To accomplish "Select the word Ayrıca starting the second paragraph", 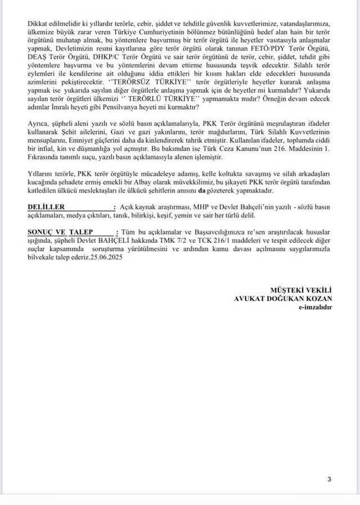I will pyautogui.click(x=38, y=124).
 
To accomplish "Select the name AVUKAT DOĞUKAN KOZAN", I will pyautogui.click(x=283, y=298).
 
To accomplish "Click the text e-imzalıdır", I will pyautogui.click(x=316, y=306).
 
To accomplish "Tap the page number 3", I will pyautogui.click(x=329, y=479).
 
